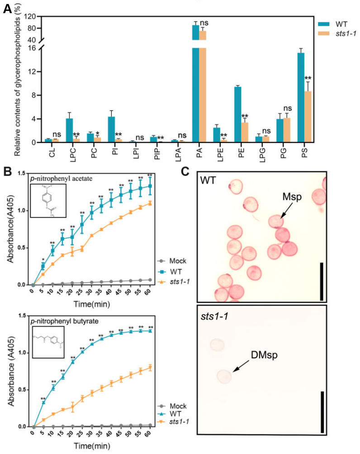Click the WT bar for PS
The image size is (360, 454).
tap(301, 97)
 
